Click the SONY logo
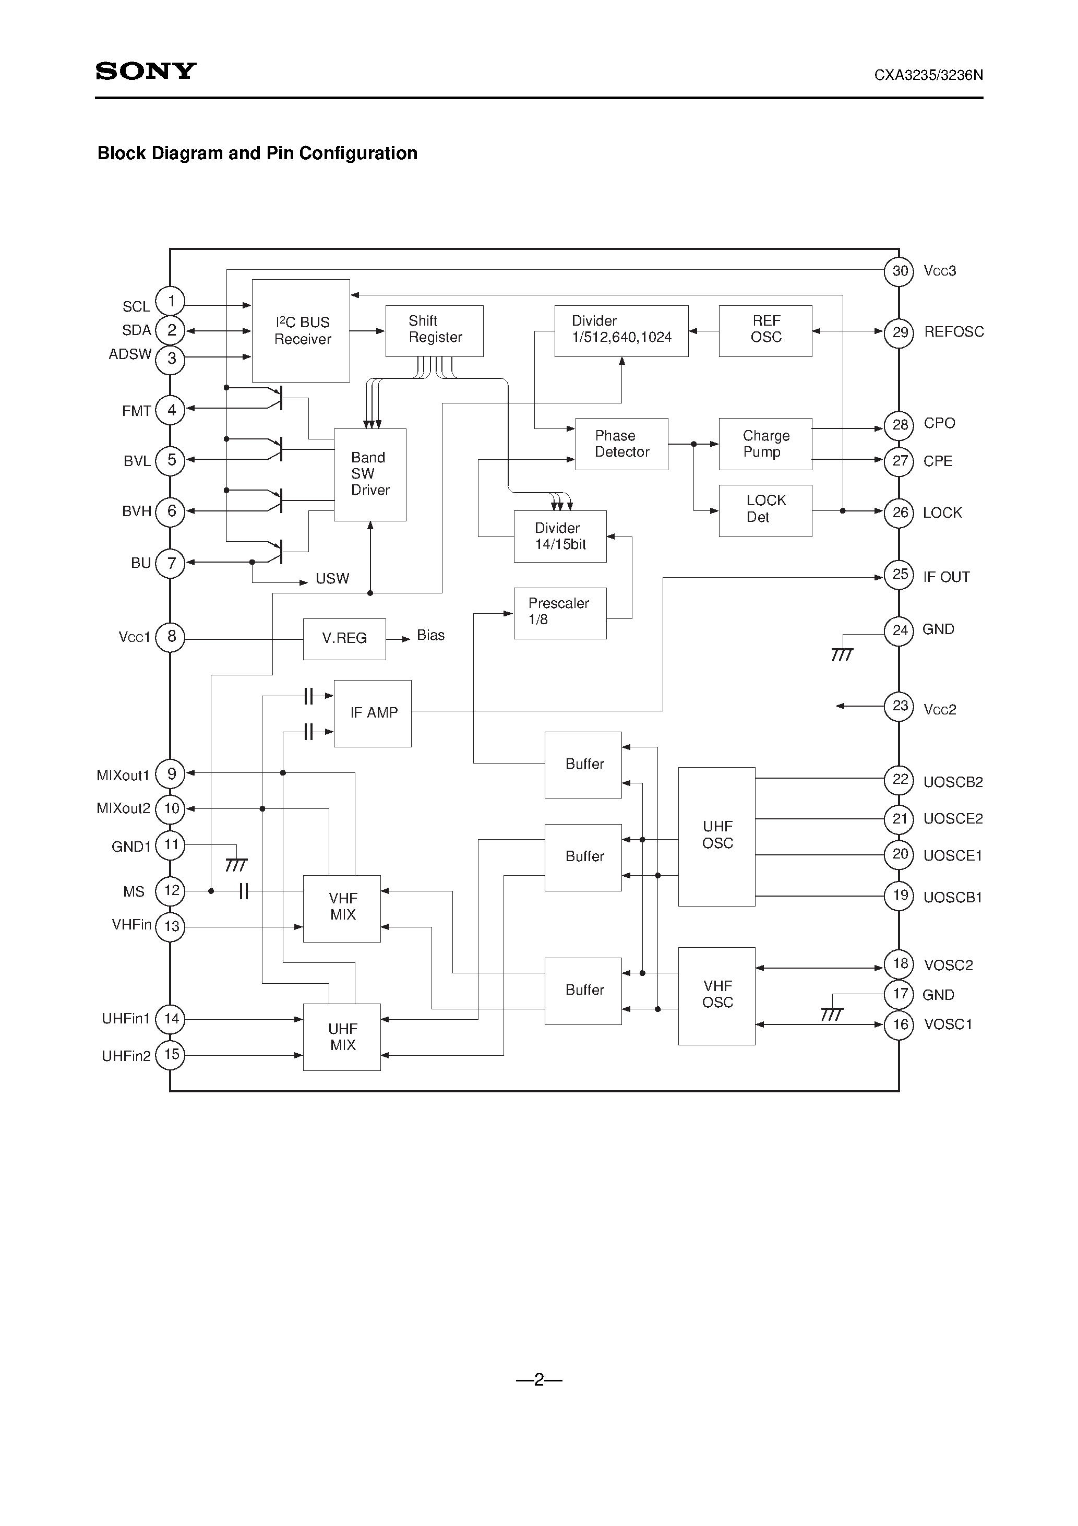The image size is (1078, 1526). pos(146,71)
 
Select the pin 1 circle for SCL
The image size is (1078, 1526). pos(171,301)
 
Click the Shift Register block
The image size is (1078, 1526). pos(434,330)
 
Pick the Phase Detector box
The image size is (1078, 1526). pos(621,444)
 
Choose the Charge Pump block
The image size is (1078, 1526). pos(765,444)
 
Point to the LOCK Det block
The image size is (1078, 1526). pos(765,510)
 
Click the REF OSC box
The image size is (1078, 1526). pos(765,330)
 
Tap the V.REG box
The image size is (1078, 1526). pos(344,639)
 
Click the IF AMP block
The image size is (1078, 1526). pos(372,713)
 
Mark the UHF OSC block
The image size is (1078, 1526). pos(716,836)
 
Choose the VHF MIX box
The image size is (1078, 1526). pos(342,908)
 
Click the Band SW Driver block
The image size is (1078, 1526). pos(369,474)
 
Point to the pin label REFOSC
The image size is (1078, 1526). pos(953,331)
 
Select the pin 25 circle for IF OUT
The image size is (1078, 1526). pos(899,574)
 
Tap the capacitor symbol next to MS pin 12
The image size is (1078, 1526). pos(243,891)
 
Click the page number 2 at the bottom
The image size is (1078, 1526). pos(538,1380)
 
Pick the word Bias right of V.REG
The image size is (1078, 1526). pos(430,635)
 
